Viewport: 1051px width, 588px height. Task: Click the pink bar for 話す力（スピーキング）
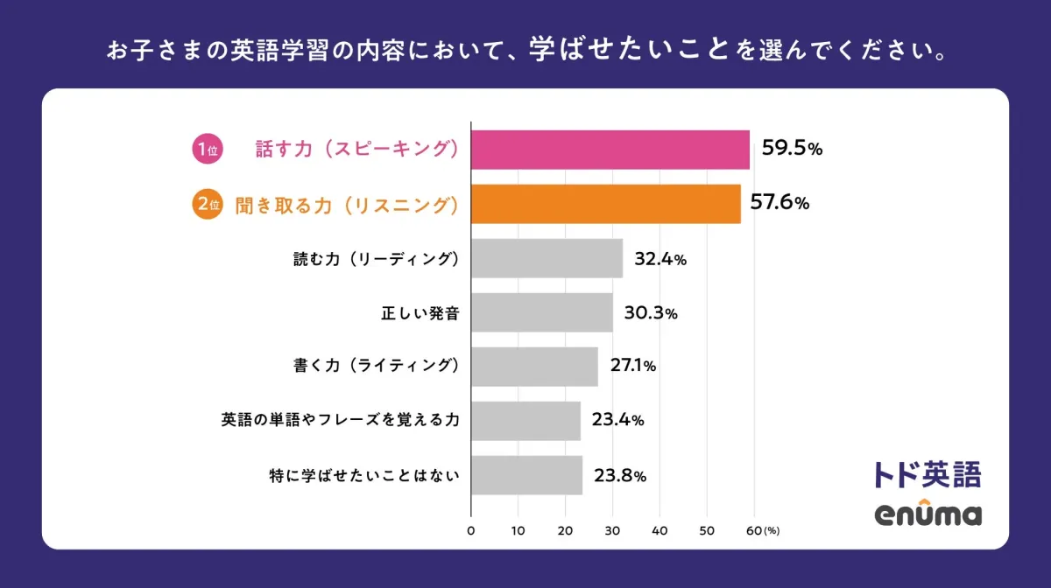click(610, 150)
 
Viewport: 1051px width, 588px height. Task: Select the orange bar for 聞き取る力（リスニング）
click(606, 204)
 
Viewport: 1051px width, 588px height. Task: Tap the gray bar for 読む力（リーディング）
click(547, 258)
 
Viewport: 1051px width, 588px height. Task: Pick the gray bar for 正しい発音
click(542, 312)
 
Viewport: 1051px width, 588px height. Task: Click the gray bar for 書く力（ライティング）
click(534, 367)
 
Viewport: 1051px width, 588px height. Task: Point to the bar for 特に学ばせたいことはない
click(526, 475)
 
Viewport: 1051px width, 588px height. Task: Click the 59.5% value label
click(791, 149)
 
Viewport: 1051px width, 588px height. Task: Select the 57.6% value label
click(779, 203)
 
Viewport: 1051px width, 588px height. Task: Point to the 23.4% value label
click(617, 420)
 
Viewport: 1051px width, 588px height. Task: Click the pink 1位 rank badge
click(207, 150)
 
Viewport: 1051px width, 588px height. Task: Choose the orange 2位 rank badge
click(207, 204)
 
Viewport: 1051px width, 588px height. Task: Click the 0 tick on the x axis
click(471, 530)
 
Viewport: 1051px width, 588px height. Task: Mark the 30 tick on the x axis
click(612, 530)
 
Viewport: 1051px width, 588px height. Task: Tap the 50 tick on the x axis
click(707, 530)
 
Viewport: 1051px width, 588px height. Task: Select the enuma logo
click(928, 513)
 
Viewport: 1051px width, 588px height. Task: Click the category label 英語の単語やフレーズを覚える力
click(340, 420)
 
